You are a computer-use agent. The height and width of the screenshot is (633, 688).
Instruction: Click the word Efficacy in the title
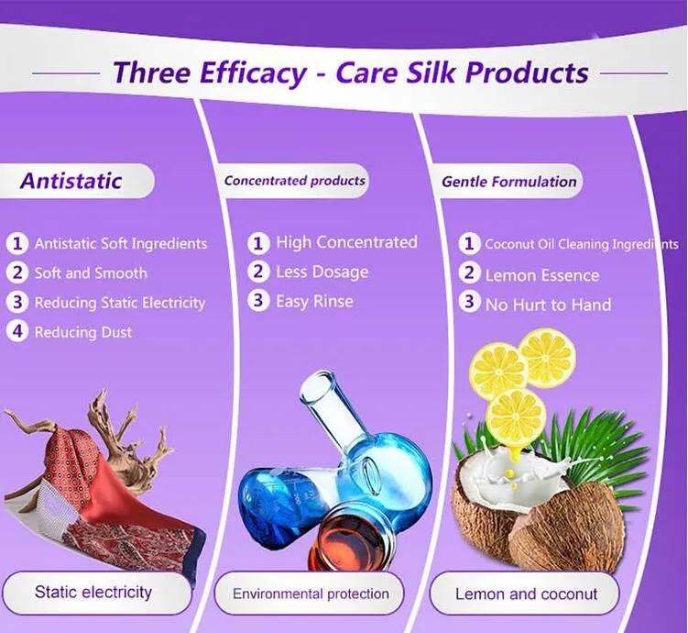click(x=254, y=72)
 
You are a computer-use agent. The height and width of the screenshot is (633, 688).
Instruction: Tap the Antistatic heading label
click(x=71, y=181)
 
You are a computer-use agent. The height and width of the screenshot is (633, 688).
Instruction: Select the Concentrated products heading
click(x=294, y=181)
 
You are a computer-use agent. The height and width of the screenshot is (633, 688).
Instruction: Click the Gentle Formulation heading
click(x=509, y=182)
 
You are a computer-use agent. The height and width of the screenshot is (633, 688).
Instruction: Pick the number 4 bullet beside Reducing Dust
click(x=17, y=331)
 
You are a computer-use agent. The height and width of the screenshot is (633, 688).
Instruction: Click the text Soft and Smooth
click(x=91, y=273)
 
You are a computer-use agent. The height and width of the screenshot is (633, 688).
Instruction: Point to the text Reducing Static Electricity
click(x=120, y=303)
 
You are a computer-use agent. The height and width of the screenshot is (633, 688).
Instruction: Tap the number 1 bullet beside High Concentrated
click(x=258, y=243)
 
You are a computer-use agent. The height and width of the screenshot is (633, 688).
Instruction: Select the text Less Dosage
click(x=322, y=272)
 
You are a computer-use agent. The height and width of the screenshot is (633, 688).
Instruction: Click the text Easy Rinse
click(x=314, y=302)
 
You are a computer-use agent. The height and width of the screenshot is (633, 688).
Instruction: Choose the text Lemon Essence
click(x=542, y=275)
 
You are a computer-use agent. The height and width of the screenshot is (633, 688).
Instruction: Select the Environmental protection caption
click(x=311, y=594)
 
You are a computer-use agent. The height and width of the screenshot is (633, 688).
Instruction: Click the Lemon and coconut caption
click(x=526, y=594)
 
